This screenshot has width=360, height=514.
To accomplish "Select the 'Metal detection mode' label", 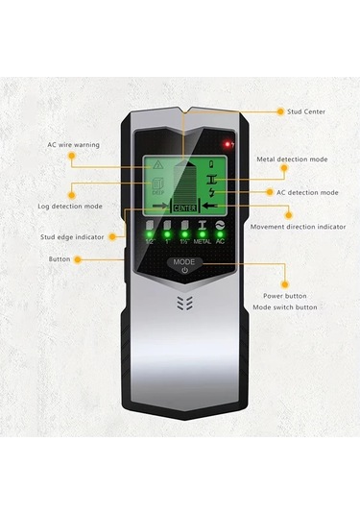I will pos(293,159).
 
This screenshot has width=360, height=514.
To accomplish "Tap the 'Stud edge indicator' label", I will pos(72,234).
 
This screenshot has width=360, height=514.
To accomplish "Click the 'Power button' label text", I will pos(286,296).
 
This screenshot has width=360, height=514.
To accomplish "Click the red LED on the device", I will pos(228,144).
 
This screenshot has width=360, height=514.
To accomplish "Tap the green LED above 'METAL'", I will pos(203,233).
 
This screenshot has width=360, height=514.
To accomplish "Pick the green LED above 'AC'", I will pos(221,233).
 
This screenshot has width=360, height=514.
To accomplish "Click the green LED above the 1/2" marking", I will pos(148,233).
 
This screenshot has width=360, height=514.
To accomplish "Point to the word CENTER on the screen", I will pos(184,206).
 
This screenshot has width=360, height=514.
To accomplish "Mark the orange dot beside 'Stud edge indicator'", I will pos(113,235).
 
